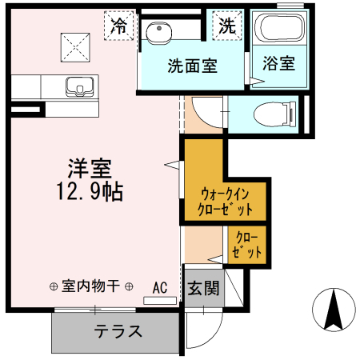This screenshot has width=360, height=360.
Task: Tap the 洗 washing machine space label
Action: [226, 26]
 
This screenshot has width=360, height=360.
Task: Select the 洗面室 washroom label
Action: [193, 66]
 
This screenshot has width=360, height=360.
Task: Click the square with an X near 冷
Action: [76, 43]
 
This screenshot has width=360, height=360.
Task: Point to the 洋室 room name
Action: [88, 169]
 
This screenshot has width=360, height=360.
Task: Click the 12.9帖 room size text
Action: [89, 192]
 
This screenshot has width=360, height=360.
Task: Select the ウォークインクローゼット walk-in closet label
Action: [226, 202]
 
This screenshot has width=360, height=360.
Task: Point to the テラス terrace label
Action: [118, 331]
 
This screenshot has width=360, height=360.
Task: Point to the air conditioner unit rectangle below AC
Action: [159, 301]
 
